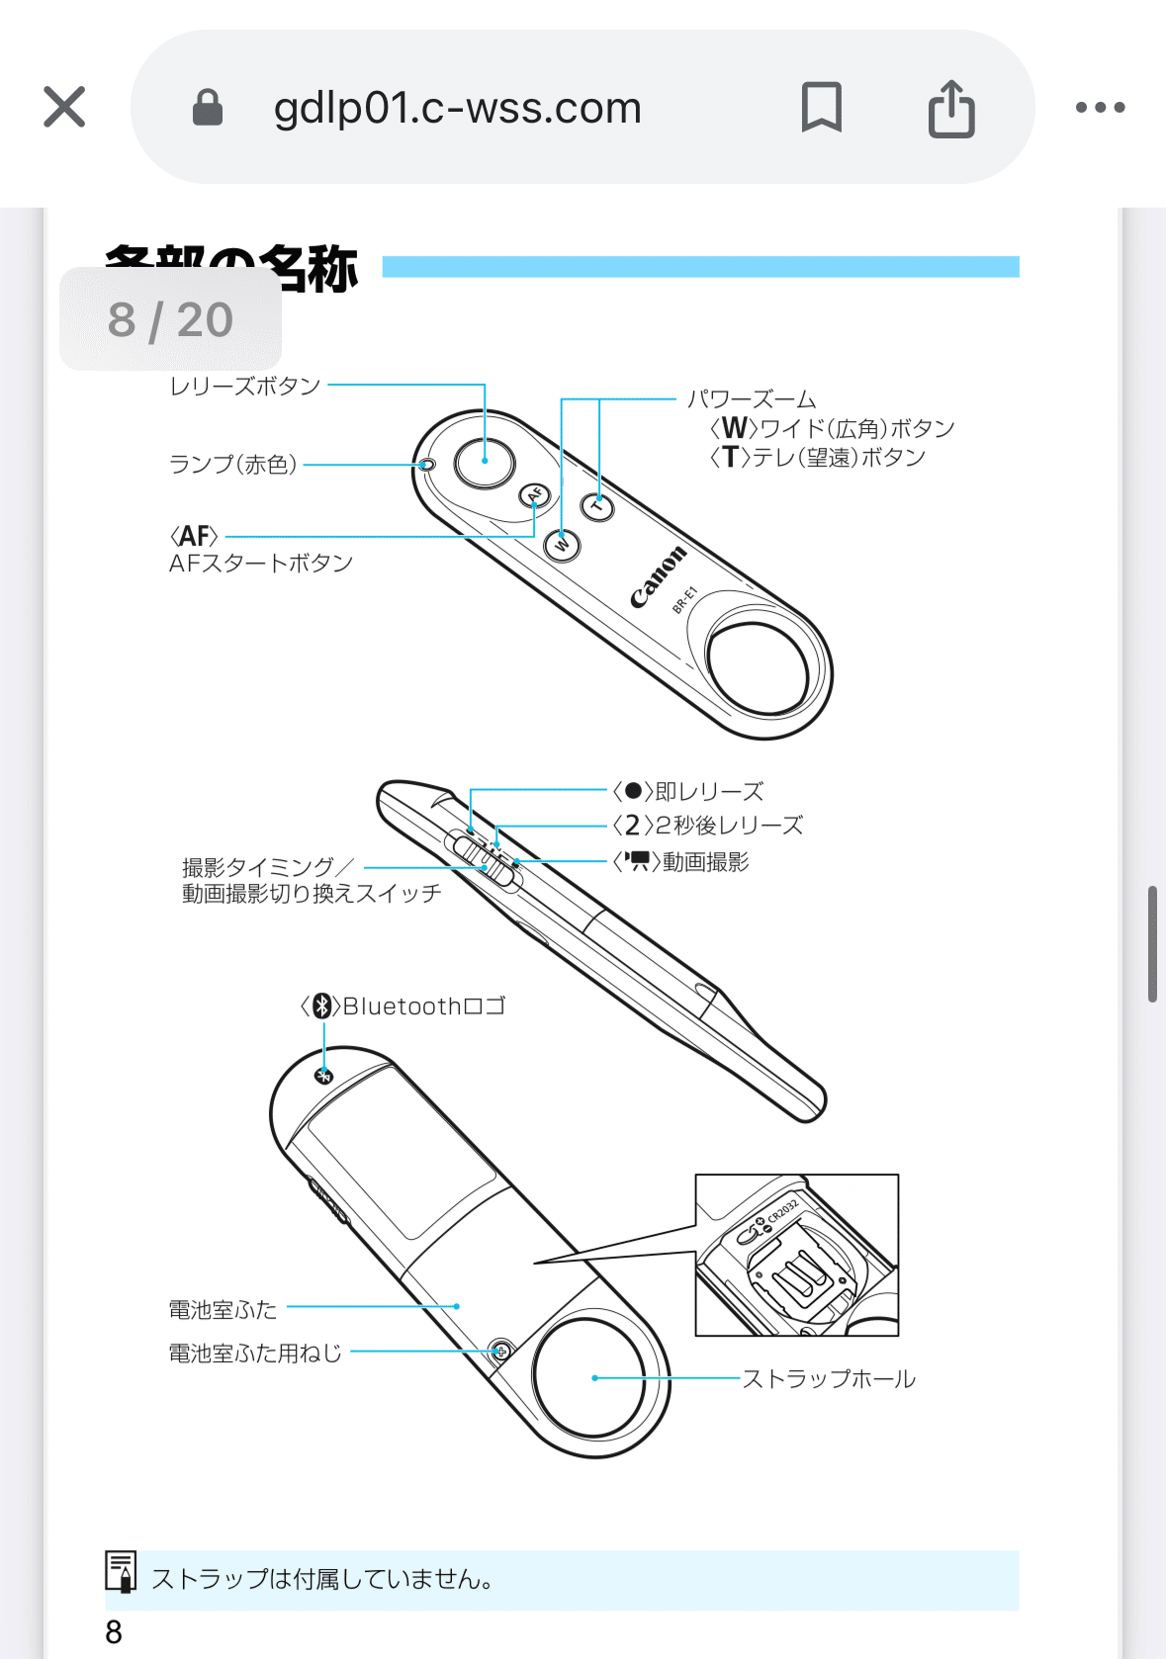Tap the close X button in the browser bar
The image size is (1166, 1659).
pos(64,107)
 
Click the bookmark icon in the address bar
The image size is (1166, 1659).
pos(821,107)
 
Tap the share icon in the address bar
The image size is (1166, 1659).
pos(951,107)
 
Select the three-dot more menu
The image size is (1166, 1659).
pos(1100,107)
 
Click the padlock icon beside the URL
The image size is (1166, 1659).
pos(207,107)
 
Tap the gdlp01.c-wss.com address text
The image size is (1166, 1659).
pos(457,108)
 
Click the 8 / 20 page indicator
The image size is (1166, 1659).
pos(170,319)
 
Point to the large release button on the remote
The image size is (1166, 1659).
pos(485,461)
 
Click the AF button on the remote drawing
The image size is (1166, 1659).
pos(535,494)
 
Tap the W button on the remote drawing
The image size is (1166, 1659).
pos(563,544)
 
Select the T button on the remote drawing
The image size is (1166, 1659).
pos(596,507)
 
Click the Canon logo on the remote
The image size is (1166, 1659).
pos(658,576)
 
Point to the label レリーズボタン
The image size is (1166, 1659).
pos(245,386)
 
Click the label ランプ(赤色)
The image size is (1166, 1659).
pos(233,464)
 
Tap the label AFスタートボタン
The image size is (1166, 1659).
pos(261,563)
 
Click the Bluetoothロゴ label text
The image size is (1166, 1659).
pos(423,1006)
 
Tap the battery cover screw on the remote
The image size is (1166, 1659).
pos(501,1351)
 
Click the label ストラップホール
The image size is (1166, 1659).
pos(829,1378)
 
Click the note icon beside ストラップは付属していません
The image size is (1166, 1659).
pos(121,1571)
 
